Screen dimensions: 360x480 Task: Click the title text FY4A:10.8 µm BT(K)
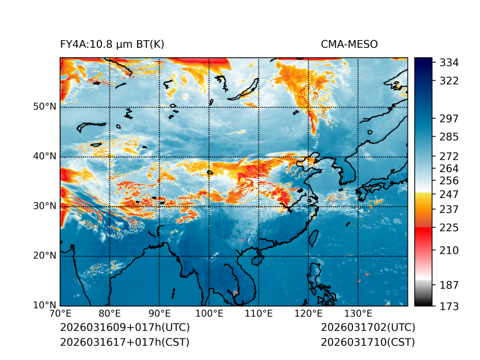112,44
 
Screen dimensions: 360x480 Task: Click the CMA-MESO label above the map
349,44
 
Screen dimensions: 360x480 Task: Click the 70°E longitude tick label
60,314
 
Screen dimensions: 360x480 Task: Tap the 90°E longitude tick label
160,314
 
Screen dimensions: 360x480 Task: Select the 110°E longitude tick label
259,314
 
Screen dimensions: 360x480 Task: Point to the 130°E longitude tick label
358,314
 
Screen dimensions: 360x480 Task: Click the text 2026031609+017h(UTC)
124,328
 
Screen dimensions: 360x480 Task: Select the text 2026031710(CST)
368,342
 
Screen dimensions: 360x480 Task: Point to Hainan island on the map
256,259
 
